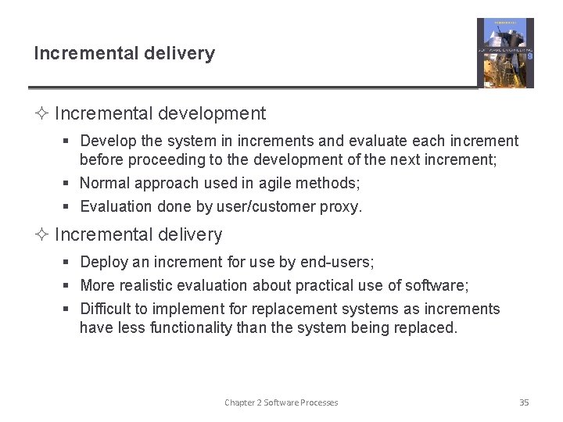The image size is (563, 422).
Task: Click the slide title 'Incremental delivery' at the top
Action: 124,54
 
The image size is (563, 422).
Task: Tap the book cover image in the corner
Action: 505,53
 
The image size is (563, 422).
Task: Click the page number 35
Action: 524,402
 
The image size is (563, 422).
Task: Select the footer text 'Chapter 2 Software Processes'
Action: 281,402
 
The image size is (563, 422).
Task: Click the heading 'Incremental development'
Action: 160,113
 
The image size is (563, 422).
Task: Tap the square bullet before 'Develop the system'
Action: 68,141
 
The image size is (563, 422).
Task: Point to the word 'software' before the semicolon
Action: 438,285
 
